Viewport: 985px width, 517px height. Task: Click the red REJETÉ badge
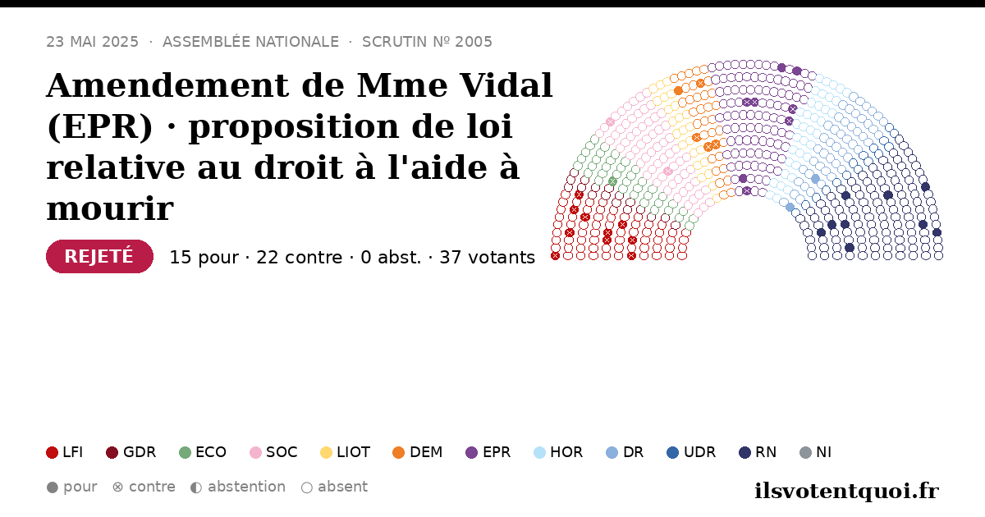pyautogui.click(x=99, y=256)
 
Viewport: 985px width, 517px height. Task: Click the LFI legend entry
pyautogui.click(x=65, y=452)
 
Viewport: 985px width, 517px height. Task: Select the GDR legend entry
pyautogui.click(x=131, y=452)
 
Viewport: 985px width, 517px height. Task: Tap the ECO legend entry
pyautogui.click(x=203, y=452)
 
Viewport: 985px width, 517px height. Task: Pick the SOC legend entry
pyautogui.click(x=273, y=452)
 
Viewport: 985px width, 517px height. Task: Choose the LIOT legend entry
pyautogui.click(x=346, y=452)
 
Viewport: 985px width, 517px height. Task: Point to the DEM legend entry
pyautogui.click(x=417, y=452)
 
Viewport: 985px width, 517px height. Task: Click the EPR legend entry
pyautogui.click(x=488, y=452)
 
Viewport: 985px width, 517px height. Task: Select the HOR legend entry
pyautogui.click(x=558, y=452)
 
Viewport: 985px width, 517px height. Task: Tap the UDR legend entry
pyautogui.click(x=691, y=452)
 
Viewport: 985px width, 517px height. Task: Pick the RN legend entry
pyautogui.click(x=758, y=452)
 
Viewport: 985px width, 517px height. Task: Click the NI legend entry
pyautogui.click(x=816, y=452)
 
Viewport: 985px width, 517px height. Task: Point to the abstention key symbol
pyautogui.click(x=196, y=487)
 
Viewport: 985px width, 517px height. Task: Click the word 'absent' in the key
pyautogui.click(x=342, y=487)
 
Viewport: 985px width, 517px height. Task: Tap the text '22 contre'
pyautogui.click(x=299, y=258)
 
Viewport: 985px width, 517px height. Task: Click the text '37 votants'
pyautogui.click(x=488, y=258)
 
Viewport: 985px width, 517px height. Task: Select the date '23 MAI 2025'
pyautogui.click(x=92, y=42)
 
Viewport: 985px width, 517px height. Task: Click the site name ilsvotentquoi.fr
pyautogui.click(x=846, y=491)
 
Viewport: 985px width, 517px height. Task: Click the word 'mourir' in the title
pyautogui.click(x=110, y=208)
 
